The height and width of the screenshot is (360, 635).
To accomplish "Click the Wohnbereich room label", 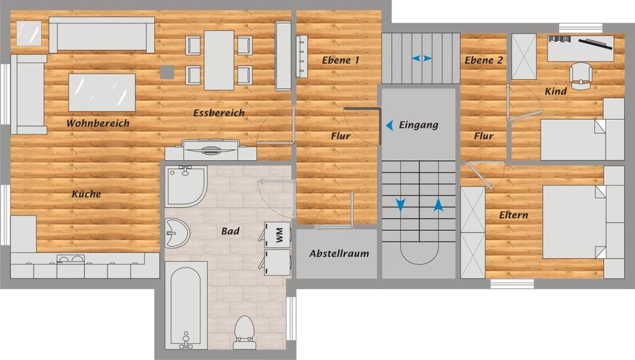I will pos(98,124).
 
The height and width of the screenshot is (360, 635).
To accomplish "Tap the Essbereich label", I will pos(219,113).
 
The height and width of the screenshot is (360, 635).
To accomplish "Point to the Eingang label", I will pos(419,124).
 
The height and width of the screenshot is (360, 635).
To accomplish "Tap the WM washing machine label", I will pos(279,235).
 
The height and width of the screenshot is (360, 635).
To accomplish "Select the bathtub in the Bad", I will pos(186,305).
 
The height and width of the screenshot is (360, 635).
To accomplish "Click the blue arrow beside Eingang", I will pos(390,124).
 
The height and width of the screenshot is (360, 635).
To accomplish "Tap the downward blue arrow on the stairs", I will pos(401,204).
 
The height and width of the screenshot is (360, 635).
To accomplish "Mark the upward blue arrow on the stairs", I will pos(438,204).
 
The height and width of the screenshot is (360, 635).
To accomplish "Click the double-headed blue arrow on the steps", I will pos(421,58).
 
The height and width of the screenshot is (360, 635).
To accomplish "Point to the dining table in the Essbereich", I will pos(219,60).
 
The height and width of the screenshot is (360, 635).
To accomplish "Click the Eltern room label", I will pos(513,215).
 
